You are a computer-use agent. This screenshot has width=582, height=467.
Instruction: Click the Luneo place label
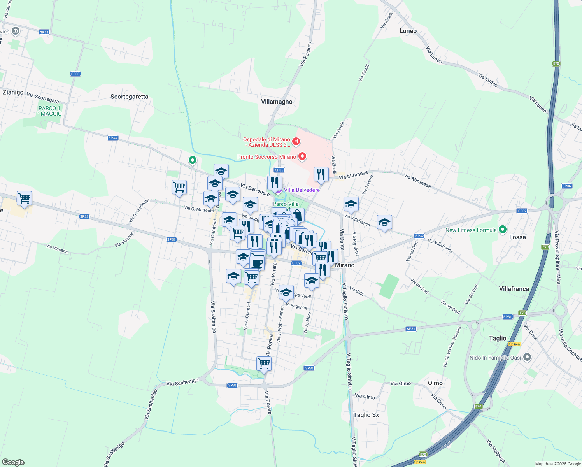(x=408, y=31)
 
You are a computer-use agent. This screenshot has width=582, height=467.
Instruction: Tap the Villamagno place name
(x=277, y=102)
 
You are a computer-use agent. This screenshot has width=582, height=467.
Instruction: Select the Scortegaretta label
(x=129, y=97)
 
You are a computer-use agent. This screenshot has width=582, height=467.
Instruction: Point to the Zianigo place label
(x=13, y=93)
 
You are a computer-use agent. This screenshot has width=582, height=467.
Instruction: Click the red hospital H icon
(x=296, y=141)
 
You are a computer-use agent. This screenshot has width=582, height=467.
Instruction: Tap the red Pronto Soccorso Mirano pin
(x=302, y=156)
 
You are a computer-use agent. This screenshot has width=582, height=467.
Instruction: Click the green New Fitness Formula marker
(x=503, y=230)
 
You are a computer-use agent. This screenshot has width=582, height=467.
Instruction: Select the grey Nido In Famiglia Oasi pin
(x=527, y=357)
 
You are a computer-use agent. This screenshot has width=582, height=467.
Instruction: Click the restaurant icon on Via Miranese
(x=321, y=174)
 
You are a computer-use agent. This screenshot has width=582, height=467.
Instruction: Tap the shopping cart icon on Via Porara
(x=264, y=363)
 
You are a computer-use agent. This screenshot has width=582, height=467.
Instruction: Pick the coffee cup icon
(x=257, y=263)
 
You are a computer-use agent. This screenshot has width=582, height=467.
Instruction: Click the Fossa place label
(x=517, y=237)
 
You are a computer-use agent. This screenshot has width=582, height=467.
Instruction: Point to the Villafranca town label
(x=514, y=289)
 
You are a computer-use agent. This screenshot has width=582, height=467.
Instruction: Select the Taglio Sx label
(x=366, y=415)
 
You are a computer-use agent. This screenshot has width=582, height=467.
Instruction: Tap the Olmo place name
(x=435, y=383)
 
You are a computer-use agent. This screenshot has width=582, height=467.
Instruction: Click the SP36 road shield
(x=567, y=186)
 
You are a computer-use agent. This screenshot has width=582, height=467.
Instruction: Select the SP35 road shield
(x=279, y=170)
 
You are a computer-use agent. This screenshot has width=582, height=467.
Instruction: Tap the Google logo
(x=13, y=462)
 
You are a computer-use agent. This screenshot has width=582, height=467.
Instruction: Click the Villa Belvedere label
(x=302, y=190)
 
